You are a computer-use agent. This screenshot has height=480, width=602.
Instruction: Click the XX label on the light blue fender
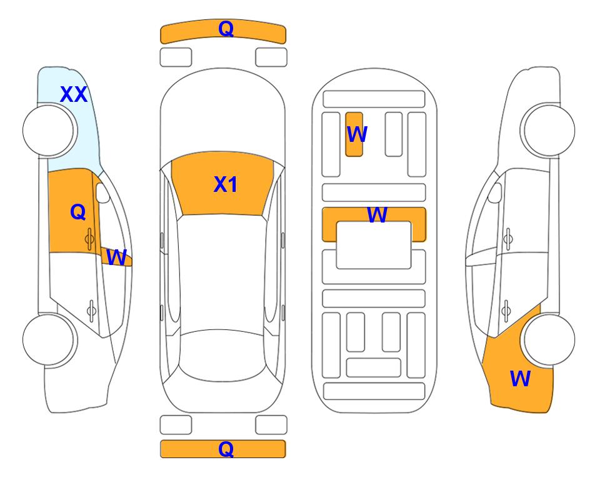pos(74,94)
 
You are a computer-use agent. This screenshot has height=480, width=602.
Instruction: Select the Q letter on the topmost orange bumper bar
pos(226,29)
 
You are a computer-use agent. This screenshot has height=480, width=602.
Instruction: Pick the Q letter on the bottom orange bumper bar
pos(226,449)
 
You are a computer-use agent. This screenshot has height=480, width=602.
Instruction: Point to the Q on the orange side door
pos(78,212)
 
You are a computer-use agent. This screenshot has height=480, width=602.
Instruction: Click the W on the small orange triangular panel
pos(116,257)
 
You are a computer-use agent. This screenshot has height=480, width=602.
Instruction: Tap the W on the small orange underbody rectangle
pos(357,134)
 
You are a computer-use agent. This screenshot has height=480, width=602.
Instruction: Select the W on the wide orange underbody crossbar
pos(377,214)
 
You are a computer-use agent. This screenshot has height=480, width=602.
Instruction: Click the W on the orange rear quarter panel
pos(520,379)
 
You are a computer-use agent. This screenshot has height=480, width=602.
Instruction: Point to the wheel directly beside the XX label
pos(49,131)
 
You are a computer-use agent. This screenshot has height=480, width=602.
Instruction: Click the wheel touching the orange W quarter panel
pos(549,340)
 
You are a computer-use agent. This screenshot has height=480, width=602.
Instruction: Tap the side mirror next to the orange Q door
pos(103,192)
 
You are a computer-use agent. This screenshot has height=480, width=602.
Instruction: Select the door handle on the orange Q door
pos(90,239)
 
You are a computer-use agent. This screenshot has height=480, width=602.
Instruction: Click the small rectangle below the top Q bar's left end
pos(176,57)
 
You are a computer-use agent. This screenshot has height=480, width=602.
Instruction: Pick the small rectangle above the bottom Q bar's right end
pos(271,425)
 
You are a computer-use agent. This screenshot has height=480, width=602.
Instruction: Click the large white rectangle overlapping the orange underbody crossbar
pos(374,245)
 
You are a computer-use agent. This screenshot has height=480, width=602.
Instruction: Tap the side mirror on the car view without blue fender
pos(495,192)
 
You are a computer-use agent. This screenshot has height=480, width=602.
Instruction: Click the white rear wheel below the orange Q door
pos(49,340)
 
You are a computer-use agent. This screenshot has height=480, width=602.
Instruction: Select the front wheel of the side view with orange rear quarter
pos(549,131)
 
